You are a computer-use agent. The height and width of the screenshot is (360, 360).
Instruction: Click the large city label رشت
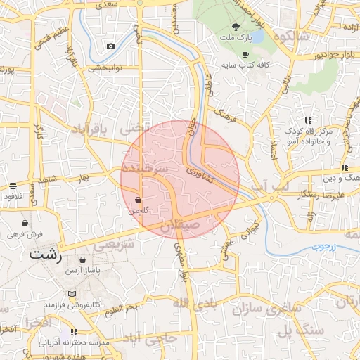click(x=46, y=256)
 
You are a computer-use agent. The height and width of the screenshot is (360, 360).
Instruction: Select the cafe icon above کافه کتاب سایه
click(x=245, y=54)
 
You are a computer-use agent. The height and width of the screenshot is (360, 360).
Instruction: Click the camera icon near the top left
click(x=110, y=46)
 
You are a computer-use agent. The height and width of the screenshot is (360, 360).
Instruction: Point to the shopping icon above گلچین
click(x=138, y=200)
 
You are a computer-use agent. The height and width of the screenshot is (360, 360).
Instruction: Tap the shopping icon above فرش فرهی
click(x=25, y=222)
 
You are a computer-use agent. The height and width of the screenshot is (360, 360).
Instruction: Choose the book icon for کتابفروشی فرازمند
click(x=72, y=294)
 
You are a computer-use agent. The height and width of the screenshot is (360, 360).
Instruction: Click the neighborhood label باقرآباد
click(x=92, y=129)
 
